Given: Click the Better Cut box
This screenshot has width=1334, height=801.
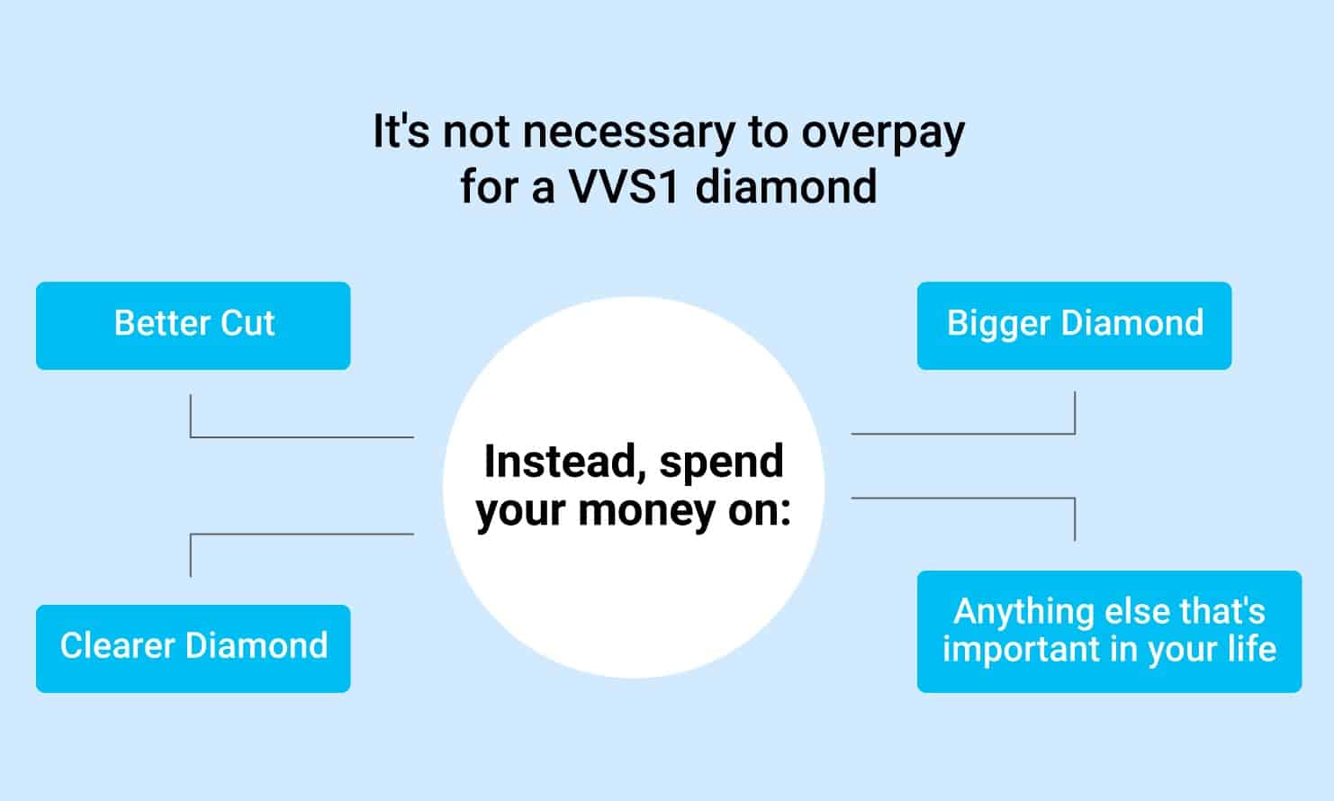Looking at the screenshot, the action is [x=193, y=326].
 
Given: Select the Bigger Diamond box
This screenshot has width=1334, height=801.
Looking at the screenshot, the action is [x=1075, y=326].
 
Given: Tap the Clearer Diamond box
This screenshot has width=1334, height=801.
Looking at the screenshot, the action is [x=193, y=649].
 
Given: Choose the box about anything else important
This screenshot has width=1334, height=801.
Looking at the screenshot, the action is [x=1110, y=631].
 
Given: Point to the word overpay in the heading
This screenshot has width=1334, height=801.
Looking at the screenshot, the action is [x=883, y=133].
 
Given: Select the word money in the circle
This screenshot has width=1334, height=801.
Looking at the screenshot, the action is [x=647, y=511].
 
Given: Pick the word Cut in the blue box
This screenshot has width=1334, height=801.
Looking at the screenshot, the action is [x=248, y=323].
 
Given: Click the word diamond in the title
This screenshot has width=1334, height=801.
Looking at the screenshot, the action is [x=786, y=187].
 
